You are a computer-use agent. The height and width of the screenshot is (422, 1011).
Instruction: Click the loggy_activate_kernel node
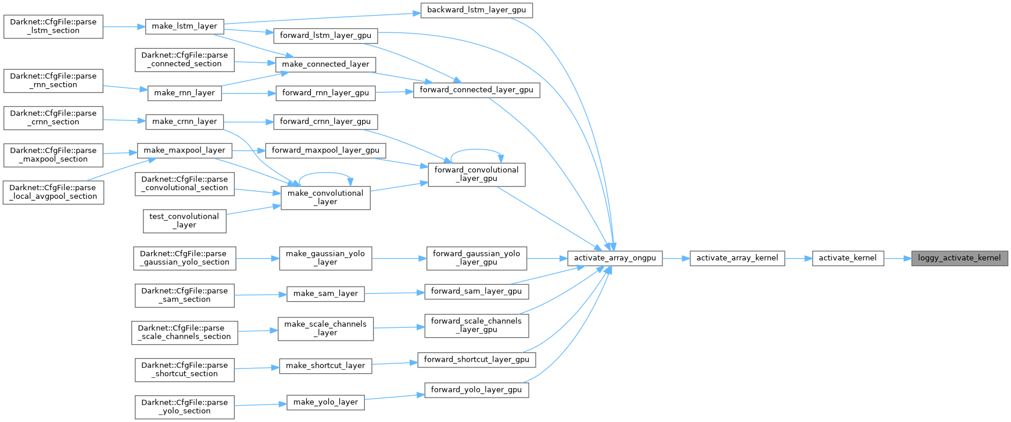pos(959,258)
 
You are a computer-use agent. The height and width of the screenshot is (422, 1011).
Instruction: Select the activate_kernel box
pos(848,258)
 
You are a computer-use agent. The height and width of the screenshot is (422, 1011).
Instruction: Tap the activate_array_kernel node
pos(737,258)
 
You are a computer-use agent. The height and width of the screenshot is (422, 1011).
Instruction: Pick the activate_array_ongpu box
pos(615,258)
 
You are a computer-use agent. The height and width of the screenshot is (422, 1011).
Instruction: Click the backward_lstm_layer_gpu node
pos(476,10)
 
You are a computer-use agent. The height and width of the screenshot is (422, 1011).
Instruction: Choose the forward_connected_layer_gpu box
pos(476,90)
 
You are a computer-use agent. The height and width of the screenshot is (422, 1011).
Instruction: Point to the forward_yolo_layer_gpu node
pos(476,390)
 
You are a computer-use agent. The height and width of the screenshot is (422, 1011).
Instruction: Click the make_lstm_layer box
pos(184,26)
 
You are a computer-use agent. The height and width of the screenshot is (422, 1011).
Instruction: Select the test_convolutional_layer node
pos(184,221)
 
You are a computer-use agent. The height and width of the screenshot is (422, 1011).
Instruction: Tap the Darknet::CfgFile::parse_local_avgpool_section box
pos(53,192)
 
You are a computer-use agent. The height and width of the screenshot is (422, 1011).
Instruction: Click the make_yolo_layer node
pos(325,402)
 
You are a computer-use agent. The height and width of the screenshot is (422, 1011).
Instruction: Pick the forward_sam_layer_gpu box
pos(476,291)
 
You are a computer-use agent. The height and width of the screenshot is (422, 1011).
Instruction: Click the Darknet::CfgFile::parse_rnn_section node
pos(53,81)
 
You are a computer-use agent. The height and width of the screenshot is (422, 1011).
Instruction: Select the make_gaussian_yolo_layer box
pos(325,258)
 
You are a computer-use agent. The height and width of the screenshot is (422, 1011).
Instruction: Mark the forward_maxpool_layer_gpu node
pos(325,150)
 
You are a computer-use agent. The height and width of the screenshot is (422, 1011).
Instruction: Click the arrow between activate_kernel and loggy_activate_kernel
pos(897,258)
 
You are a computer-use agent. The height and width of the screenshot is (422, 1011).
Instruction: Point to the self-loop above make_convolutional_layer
pos(325,173)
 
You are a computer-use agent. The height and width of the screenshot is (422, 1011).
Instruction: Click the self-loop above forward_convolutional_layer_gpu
pos(476,149)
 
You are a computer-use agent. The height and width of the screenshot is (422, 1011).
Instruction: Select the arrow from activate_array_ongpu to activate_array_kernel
pos(676,258)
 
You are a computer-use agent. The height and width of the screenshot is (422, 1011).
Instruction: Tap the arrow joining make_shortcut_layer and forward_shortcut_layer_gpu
pos(395,363)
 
